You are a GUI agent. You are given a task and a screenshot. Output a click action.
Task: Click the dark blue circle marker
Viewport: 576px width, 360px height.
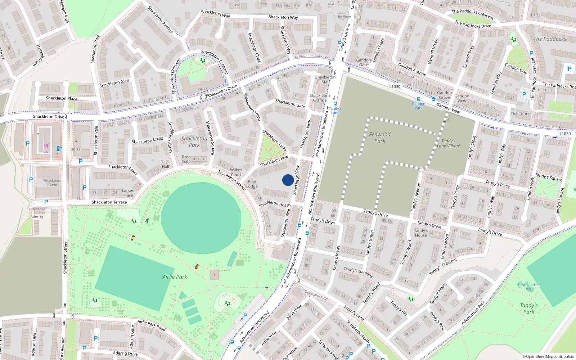tap(288, 180)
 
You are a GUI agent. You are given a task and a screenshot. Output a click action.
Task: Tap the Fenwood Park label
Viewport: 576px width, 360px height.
tap(379, 138)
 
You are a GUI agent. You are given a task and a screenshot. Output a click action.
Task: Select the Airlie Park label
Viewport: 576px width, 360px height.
tap(175, 277)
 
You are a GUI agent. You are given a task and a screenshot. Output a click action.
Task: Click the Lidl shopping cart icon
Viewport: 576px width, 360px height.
tap(46, 146)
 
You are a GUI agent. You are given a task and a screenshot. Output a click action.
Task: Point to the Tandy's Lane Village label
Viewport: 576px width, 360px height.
tap(448, 143)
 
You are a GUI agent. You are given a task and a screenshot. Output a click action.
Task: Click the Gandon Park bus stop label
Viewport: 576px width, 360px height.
tap(418, 106)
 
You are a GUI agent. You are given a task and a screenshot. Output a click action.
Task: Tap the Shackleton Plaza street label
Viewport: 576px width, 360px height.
tap(61, 98)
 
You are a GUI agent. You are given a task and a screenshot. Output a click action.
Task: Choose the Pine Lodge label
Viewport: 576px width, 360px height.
tap(252, 184)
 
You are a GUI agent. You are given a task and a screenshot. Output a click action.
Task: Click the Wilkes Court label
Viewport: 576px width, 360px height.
tap(236, 172)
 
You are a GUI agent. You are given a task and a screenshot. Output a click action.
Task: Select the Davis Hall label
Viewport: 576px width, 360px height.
tap(165, 164)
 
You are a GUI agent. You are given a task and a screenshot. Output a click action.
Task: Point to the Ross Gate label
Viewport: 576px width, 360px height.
tap(186, 159)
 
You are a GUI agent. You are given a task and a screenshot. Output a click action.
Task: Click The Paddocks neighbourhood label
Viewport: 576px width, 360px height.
tap(549, 39)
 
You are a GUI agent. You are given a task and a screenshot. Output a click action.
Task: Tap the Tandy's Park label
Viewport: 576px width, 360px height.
tap(528, 309)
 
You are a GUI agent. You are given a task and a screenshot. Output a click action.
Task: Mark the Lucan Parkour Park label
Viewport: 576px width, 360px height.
tap(529, 287)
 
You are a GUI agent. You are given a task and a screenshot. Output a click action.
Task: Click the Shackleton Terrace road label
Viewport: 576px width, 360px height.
tap(109, 202)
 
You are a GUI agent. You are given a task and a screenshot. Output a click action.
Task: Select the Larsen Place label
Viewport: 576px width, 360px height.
tap(128, 193)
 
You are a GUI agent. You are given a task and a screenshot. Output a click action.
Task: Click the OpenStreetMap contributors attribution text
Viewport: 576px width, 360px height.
tap(548, 356)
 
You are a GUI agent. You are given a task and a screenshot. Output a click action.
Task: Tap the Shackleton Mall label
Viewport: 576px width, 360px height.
tap(325, 80)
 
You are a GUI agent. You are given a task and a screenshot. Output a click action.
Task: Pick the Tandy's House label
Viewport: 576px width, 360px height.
tap(420, 233)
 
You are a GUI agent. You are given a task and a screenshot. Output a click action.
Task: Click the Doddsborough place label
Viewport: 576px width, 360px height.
tap(316, 295)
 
